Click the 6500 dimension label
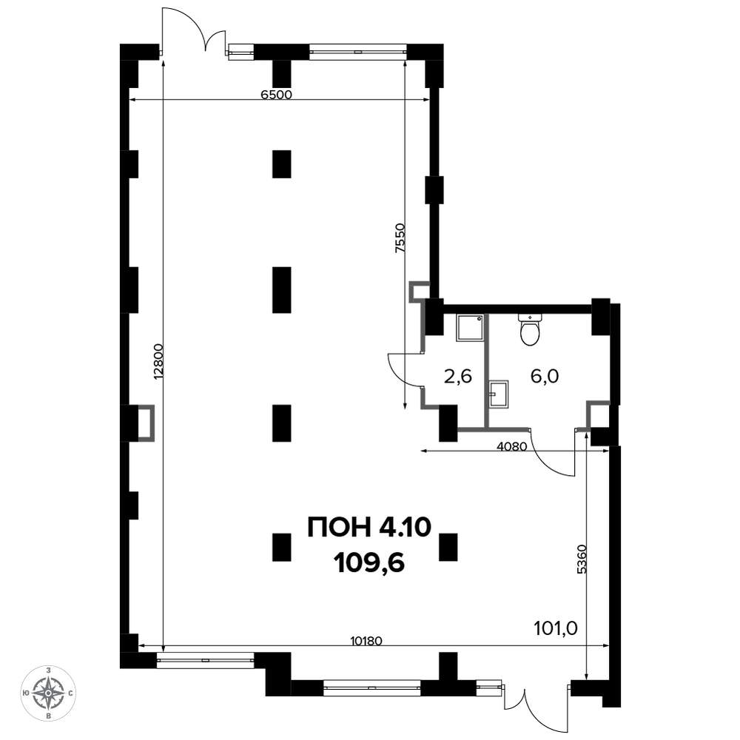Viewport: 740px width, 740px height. click(277, 95)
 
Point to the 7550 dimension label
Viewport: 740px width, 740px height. click(400, 238)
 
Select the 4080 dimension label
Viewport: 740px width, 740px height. click(512, 446)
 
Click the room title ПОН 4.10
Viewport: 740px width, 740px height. click(369, 527)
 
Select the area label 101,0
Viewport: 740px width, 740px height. click(556, 628)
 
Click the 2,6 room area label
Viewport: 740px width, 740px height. click(458, 377)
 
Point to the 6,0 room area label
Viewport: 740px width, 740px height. click(545, 376)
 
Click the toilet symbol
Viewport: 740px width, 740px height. click(531, 329)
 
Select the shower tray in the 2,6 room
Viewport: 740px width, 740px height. click(470, 328)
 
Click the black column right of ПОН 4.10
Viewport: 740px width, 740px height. click(448, 547)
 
